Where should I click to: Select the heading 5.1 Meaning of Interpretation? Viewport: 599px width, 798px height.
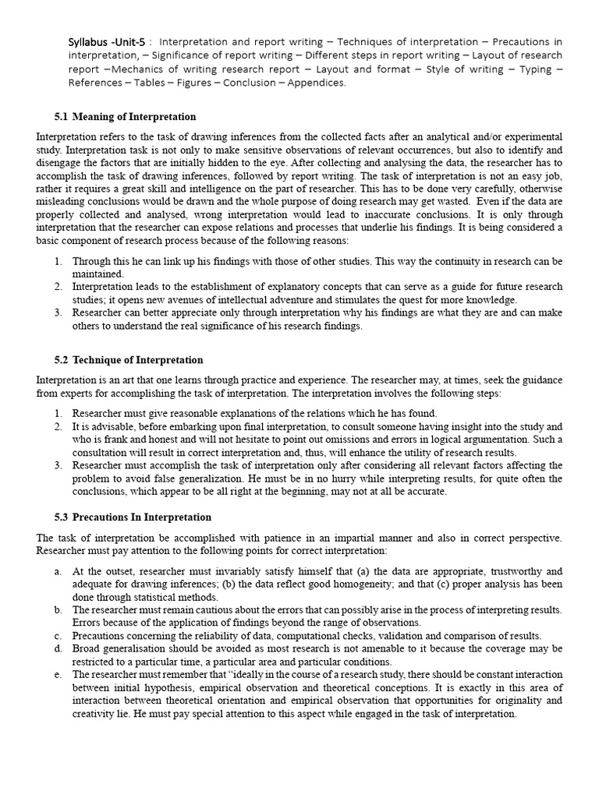125,117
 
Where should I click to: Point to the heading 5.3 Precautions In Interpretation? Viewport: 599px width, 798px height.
133,517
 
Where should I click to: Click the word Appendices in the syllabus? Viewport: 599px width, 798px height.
317,83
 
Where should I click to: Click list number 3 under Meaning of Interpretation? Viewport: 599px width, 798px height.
58,313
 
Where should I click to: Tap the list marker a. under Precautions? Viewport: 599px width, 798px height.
58,571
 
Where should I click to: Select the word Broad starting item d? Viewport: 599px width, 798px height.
87,648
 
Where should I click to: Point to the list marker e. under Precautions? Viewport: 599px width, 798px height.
58,674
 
